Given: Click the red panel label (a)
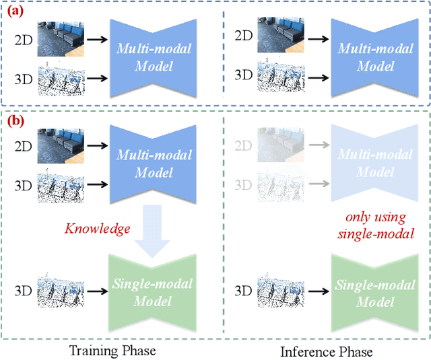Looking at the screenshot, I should [x=15, y=11].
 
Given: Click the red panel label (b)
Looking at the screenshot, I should [x=15, y=122].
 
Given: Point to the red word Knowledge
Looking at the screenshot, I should [x=98, y=229].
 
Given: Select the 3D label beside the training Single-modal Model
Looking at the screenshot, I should [x=22, y=292].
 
